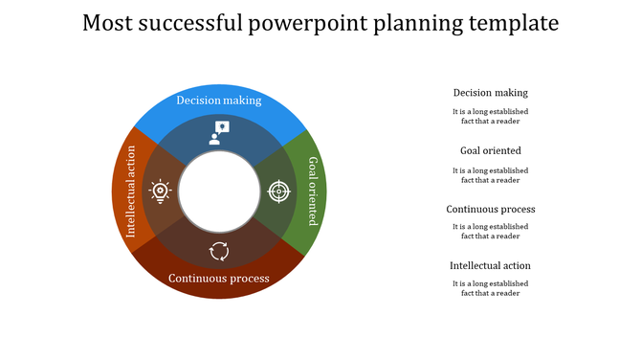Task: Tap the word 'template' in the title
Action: tap(516, 23)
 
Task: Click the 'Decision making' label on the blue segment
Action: tap(219, 101)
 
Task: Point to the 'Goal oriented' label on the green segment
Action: tap(313, 191)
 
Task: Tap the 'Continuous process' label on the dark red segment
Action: tap(219, 279)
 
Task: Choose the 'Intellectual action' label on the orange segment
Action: tap(132, 191)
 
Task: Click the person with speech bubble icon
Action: tap(219, 132)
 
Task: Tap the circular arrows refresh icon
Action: tap(219, 251)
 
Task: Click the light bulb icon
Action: tap(160, 191)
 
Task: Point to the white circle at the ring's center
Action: tap(219, 191)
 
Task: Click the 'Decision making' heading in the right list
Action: tap(491, 93)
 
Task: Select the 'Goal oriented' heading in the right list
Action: tap(491, 150)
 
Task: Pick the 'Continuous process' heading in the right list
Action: tap(491, 209)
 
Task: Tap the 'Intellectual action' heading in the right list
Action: tap(491, 265)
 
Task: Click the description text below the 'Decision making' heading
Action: tap(491, 117)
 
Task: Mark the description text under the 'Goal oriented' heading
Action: tap(491, 174)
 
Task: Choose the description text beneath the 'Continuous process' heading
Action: tap(491, 231)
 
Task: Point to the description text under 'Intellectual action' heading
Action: tap(491, 288)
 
